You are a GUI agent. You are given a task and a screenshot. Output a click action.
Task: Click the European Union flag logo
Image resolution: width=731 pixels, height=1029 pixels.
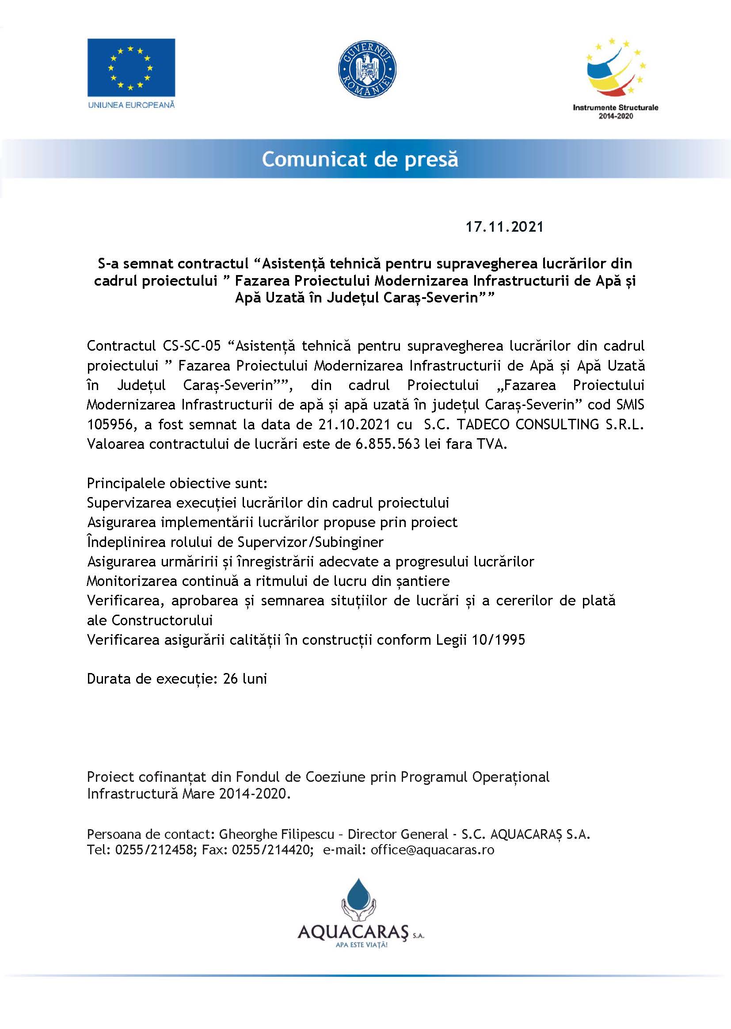tap(131, 68)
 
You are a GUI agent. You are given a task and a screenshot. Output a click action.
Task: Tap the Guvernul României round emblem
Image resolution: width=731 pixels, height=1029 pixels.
tap(367, 69)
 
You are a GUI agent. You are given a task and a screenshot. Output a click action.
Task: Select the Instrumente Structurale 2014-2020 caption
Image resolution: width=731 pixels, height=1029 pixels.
tap(615, 112)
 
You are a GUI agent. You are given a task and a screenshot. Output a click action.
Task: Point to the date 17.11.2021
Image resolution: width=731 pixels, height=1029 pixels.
tap(504, 226)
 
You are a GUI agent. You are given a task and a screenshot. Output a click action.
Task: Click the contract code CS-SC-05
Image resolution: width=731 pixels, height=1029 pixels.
tap(189, 346)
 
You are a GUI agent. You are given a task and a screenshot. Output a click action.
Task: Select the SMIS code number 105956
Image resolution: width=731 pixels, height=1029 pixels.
tap(109, 424)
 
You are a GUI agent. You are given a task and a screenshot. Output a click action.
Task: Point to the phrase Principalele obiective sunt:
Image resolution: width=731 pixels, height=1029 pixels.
tap(177, 483)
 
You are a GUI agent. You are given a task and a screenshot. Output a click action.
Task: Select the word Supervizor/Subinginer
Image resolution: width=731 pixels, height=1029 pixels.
tap(310, 542)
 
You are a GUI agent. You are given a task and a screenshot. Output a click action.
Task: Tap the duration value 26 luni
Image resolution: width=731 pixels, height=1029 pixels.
tap(245, 679)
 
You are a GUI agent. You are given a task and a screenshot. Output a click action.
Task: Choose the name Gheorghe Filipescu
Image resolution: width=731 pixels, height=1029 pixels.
tap(276, 834)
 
